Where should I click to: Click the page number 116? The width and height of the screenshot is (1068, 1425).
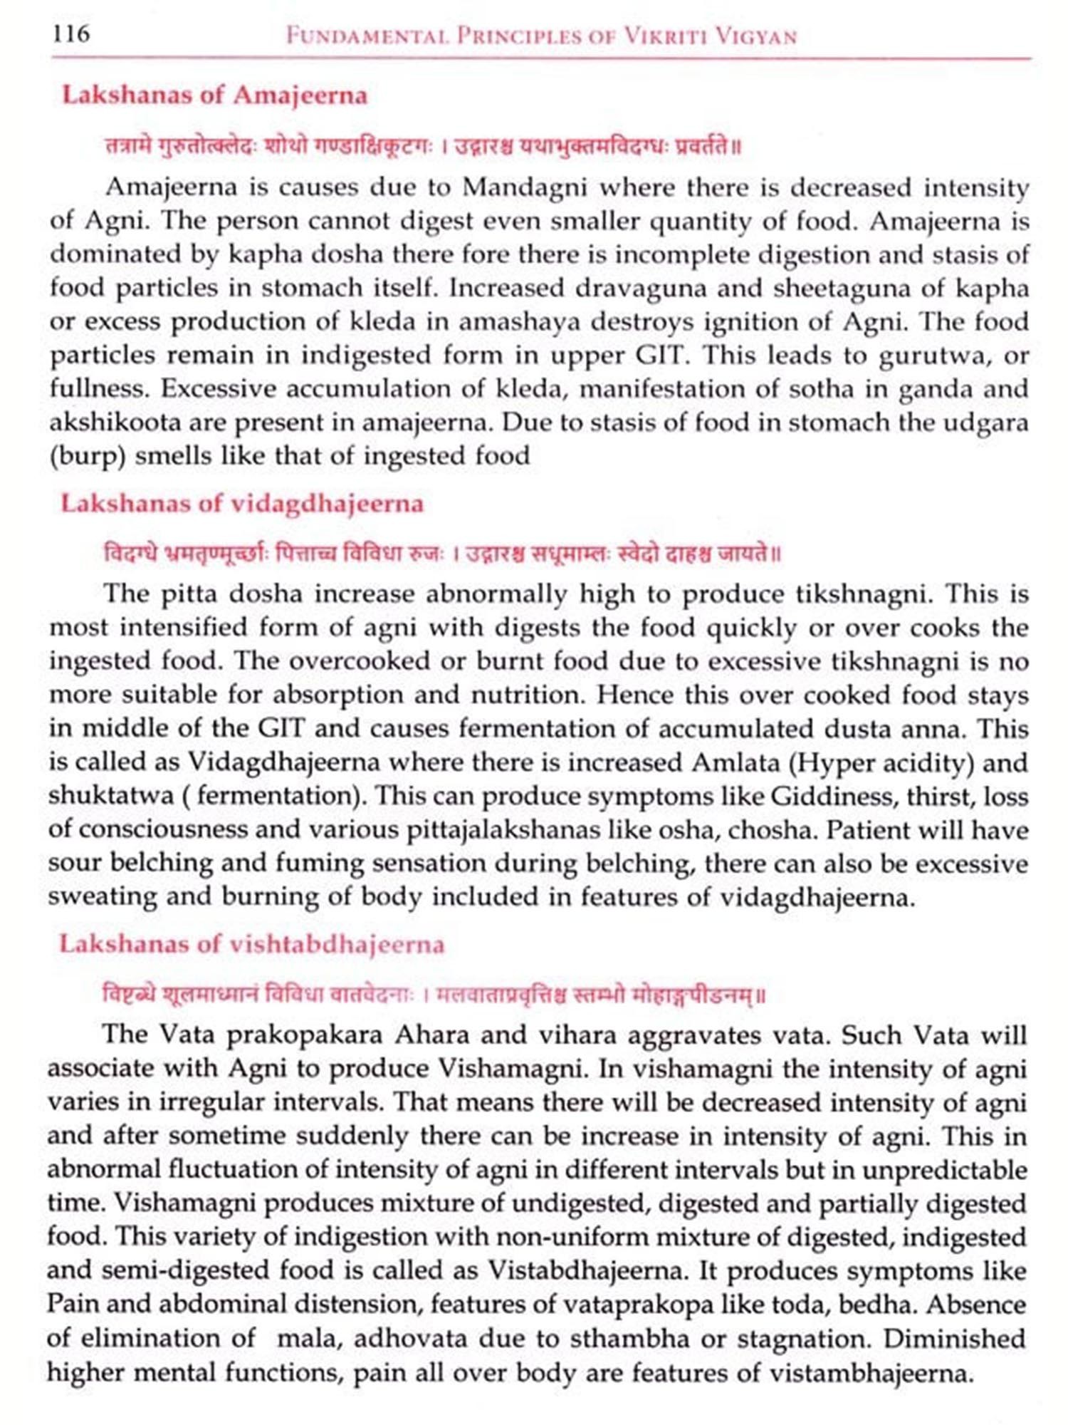tap(71, 33)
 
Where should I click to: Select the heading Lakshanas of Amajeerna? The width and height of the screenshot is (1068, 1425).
tap(214, 95)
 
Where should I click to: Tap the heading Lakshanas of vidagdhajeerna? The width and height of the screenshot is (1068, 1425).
tap(242, 504)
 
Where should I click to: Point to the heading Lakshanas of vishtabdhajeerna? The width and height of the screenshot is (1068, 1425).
tap(251, 944)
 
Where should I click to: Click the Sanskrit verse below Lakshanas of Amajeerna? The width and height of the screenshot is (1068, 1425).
tap(424, 147)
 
